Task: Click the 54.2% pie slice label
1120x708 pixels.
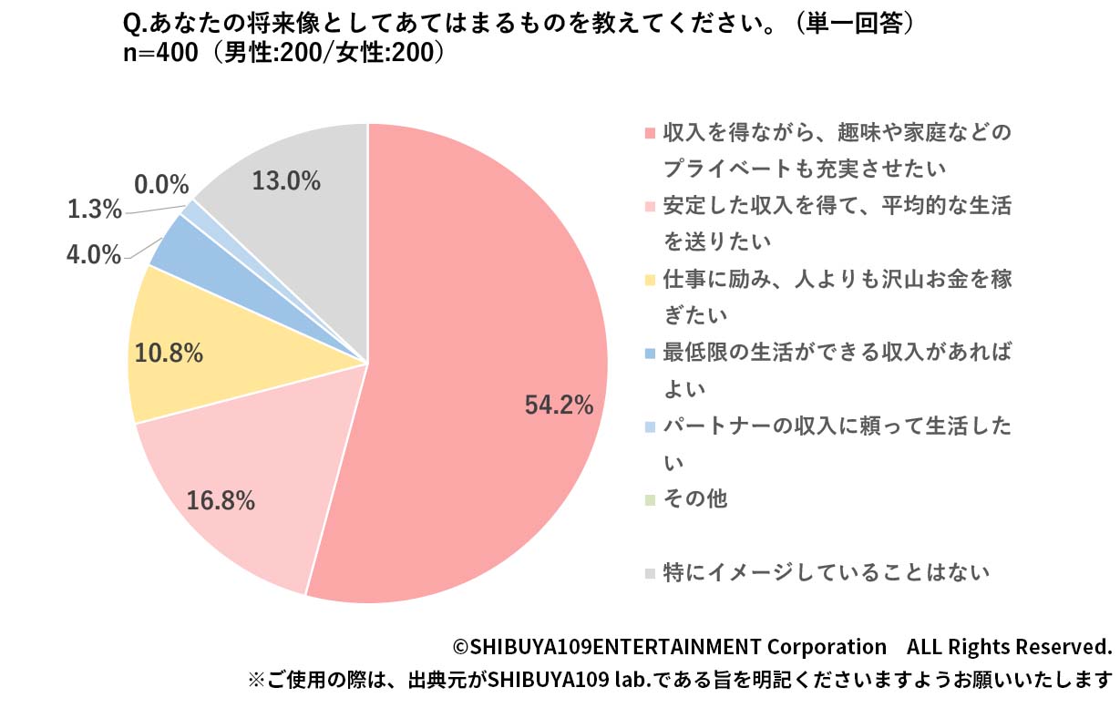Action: [x=559, y=405]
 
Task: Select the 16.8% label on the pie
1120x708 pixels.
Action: [x=221, y=500]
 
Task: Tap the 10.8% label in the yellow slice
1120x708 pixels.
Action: [x=169, y=353]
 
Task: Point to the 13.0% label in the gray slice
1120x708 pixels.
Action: [x=286, y=181]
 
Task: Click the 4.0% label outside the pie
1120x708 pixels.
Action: [x=94, y=254]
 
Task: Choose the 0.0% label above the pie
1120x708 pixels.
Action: [x=161, y=185]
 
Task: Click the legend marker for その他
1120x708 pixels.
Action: [x=649, y=500]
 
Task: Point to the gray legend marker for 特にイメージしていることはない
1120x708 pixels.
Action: [x=649, y=573]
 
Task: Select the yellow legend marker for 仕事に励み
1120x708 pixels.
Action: [x=649, y=280]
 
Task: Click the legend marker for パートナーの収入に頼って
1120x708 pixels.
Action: [x=649, y=426]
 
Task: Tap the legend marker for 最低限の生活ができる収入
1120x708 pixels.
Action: [x=649, y=353]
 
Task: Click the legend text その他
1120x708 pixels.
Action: [x=695, y=499]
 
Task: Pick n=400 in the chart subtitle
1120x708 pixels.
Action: [x=160, y=53]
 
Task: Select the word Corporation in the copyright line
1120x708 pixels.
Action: [x=826, y=647]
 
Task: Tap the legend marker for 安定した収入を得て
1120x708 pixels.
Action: [x=649, y=206]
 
